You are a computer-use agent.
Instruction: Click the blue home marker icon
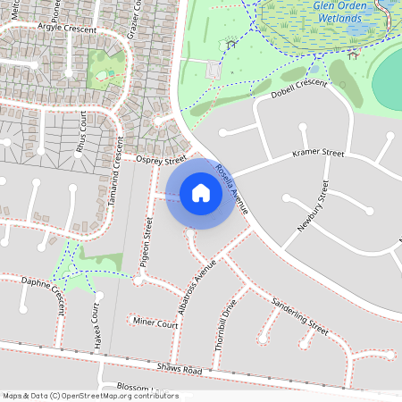[x=201, y=193]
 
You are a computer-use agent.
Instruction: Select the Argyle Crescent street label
[x=67, y=28]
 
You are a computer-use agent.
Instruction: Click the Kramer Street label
[x=318, y=155]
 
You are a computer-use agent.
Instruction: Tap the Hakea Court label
[x=96, y=325]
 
